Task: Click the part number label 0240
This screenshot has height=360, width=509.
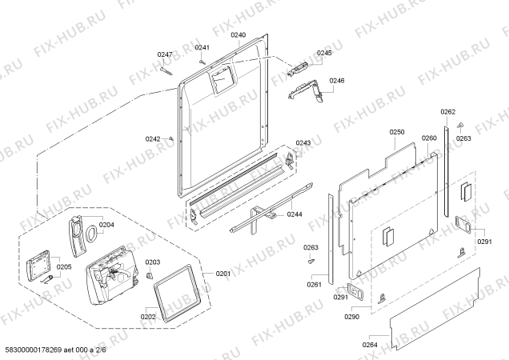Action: click(238, 35)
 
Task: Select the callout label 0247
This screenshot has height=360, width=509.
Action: click(165, 54)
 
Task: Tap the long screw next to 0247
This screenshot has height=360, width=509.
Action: click(166, 71)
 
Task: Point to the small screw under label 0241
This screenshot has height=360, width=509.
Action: click(202, 62)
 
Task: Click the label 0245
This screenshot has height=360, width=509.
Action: click(324, 53)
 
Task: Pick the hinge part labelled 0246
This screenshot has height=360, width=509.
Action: click(305, 92)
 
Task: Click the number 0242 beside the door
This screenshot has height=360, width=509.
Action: click(153, 139)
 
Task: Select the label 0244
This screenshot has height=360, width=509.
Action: click(295, 214)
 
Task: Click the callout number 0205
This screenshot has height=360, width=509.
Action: click(64, 267)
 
